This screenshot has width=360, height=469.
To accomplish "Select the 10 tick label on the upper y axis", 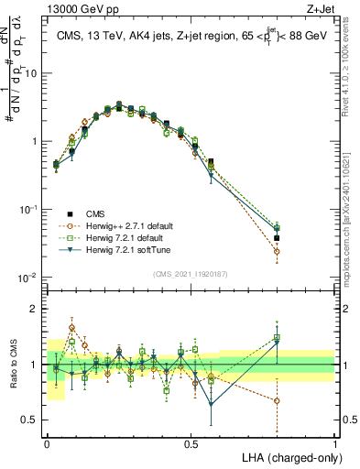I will pyautogui.click(x=32, y=73).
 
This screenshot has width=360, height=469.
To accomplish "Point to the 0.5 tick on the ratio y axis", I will pyautogui.click(x=32, y=420).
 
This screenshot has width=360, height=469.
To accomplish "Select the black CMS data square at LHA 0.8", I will pyautogui.click(x=278, y=238).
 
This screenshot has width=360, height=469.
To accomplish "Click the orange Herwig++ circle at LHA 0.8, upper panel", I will pyautogui.click(x=278, y=251).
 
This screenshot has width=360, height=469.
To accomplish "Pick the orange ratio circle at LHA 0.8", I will pyautogui.click(x=278, y=400).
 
